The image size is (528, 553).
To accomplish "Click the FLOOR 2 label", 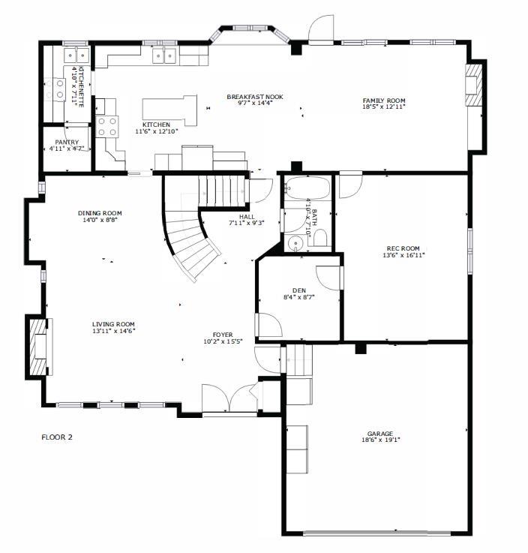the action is click(x=57, y=437).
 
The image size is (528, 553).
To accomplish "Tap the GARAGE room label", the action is click(x=380, y=434).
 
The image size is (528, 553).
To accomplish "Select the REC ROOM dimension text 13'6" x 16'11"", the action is click(x=403, y=255).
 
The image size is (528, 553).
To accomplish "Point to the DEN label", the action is click(x=299, y=290).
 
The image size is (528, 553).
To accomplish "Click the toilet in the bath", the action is click(x=319, y=238).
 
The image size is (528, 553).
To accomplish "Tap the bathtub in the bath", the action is click(x=307, y=188).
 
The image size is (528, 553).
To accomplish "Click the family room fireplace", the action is click(x=474, y=85).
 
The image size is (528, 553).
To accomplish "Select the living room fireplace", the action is click(x=37, y=347).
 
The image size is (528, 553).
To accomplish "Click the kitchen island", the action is click(x=170, y=110).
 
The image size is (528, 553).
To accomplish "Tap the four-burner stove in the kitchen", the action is click(x=107, y=127).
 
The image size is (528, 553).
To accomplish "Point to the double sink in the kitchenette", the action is click(x=76, y=55).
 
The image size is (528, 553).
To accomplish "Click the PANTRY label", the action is click(x=67, y=142).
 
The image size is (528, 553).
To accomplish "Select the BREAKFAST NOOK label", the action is click(x=255, y=97).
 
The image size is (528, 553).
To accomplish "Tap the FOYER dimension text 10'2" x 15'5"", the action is click(x=223, y=341).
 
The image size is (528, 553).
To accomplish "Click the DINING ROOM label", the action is click(x=100, y=213).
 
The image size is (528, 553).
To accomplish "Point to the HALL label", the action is click(x=247, y=217).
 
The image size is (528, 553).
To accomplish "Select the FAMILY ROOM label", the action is click(x=384, y=101).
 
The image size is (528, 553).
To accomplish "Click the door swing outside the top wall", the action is click(x=322, y=29).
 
